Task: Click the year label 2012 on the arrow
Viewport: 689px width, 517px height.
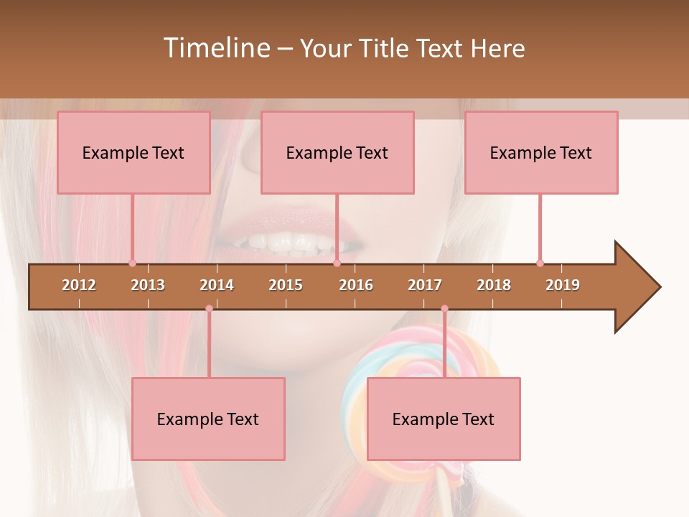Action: point(79,285)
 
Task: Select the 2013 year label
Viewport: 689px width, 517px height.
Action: point(148,285)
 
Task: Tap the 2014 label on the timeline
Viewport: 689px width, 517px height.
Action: point(217,285)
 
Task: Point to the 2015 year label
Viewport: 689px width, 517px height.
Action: point(286,285)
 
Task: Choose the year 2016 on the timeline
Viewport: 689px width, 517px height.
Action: point(356,285)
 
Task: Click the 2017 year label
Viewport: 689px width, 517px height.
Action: point(425,285)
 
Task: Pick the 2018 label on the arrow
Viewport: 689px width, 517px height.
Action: point(494,285)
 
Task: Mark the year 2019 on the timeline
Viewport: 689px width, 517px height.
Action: point(563,285)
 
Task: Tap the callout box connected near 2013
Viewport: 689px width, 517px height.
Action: point(133,152)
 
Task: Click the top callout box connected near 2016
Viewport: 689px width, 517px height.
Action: point(337,152)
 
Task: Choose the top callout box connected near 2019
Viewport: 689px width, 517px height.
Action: point(541,152)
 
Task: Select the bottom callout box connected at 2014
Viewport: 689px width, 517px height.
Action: point(208,419)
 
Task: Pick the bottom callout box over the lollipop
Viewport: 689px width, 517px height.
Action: point(444,419)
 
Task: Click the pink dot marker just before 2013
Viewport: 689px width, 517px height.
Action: point(132,264)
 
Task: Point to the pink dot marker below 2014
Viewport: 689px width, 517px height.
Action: point(209,309)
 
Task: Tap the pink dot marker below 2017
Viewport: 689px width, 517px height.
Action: point(444,309)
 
